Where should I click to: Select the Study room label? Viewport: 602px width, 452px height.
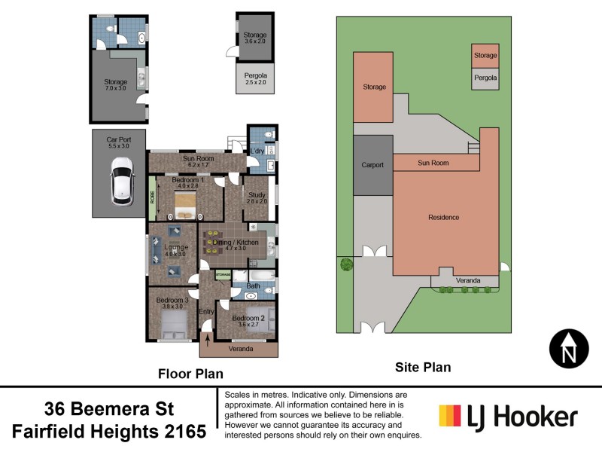tap(257, 197)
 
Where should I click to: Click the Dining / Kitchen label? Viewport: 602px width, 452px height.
tap(236, 244)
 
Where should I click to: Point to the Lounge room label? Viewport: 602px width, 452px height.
tap(175, 250)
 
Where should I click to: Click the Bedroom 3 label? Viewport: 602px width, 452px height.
tap(170, 303)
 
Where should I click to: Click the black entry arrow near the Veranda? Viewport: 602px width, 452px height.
tap(208, 343)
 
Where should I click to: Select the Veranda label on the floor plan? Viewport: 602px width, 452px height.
tap(241, 350)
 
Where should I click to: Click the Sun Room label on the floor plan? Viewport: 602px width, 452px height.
tap(199, 159)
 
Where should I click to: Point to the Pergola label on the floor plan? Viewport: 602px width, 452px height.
tap(256, 77)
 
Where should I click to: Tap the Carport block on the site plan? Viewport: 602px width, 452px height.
tap(373, 165)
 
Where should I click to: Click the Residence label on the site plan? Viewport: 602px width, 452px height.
tap(443, 218)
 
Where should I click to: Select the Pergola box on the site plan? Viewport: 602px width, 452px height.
tap(485, 78)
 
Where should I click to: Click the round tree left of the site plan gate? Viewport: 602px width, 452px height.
tap(346, 264)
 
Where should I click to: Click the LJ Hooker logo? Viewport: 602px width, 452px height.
tap(508, 417)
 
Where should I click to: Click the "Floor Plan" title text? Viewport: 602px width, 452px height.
tap(190, 373)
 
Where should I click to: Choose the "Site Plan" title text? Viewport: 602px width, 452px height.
tap(423, 367)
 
